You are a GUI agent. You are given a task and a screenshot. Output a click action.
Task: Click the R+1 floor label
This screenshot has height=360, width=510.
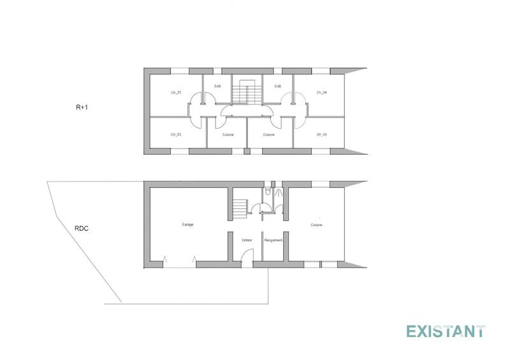(80, 108)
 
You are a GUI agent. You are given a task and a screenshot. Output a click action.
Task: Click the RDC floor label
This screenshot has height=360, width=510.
(82, 227)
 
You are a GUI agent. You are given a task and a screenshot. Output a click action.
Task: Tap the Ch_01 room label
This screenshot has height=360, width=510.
(177, 93)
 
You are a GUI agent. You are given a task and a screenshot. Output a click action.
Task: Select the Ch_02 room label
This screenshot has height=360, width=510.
(177, 134)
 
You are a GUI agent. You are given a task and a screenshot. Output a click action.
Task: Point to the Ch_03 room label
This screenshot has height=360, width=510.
(321, 134)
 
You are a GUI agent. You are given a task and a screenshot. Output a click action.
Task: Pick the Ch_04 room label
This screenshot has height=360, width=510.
(321, 93)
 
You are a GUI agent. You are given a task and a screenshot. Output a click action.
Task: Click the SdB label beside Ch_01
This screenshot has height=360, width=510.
(217, 87)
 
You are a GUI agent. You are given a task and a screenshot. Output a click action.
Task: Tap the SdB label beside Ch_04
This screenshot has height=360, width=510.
(278, 87)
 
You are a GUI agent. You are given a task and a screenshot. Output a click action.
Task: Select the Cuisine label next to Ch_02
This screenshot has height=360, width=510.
(228, 134)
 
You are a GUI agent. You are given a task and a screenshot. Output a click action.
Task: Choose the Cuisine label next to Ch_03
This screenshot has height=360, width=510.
(268, 134)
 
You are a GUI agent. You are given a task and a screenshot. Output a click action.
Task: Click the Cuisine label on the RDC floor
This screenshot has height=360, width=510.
(316, 225)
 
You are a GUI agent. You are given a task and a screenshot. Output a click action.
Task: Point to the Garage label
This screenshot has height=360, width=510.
(187, 225)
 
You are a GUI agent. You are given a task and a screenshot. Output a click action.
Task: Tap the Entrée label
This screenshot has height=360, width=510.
(247, 240)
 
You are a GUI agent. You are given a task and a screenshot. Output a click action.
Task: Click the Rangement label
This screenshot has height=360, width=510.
(273, 240)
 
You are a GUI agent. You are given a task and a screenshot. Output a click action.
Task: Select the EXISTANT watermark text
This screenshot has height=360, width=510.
(446, 331)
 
